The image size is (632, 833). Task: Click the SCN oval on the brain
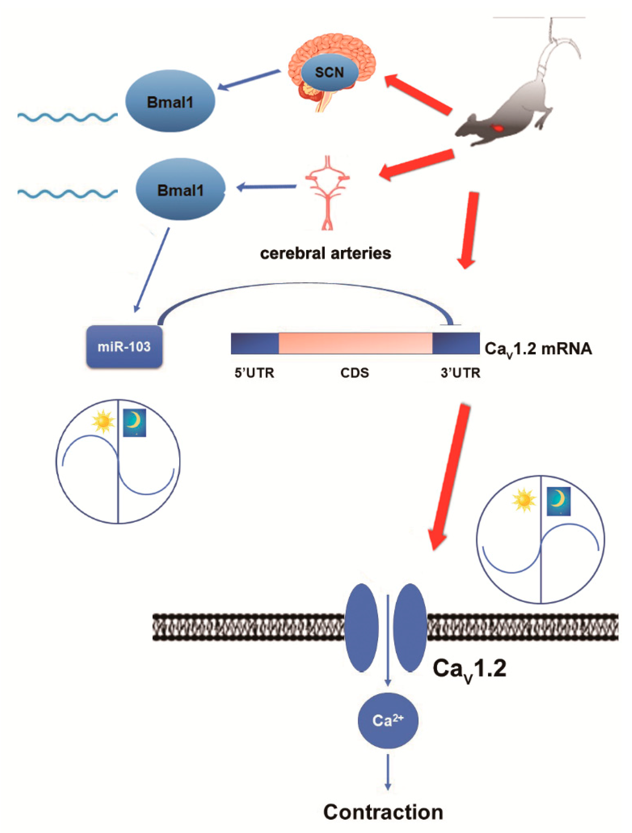[329, 72]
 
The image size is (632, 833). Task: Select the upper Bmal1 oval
[170, 101]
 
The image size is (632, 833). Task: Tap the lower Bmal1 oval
[180, 189]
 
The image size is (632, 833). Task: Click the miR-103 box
[124, 346]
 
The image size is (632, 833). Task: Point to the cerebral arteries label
[325, 254]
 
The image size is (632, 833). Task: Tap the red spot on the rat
[498, 128]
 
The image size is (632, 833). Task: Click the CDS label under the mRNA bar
[355, 373]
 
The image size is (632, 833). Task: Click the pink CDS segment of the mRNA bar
[355, 343]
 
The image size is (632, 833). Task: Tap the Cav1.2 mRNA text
[538, 349]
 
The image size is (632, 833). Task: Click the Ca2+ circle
[388, 721]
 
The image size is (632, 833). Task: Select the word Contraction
[383, 812]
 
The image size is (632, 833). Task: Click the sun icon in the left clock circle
[103, 422]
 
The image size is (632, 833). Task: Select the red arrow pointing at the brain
[418, 94]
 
